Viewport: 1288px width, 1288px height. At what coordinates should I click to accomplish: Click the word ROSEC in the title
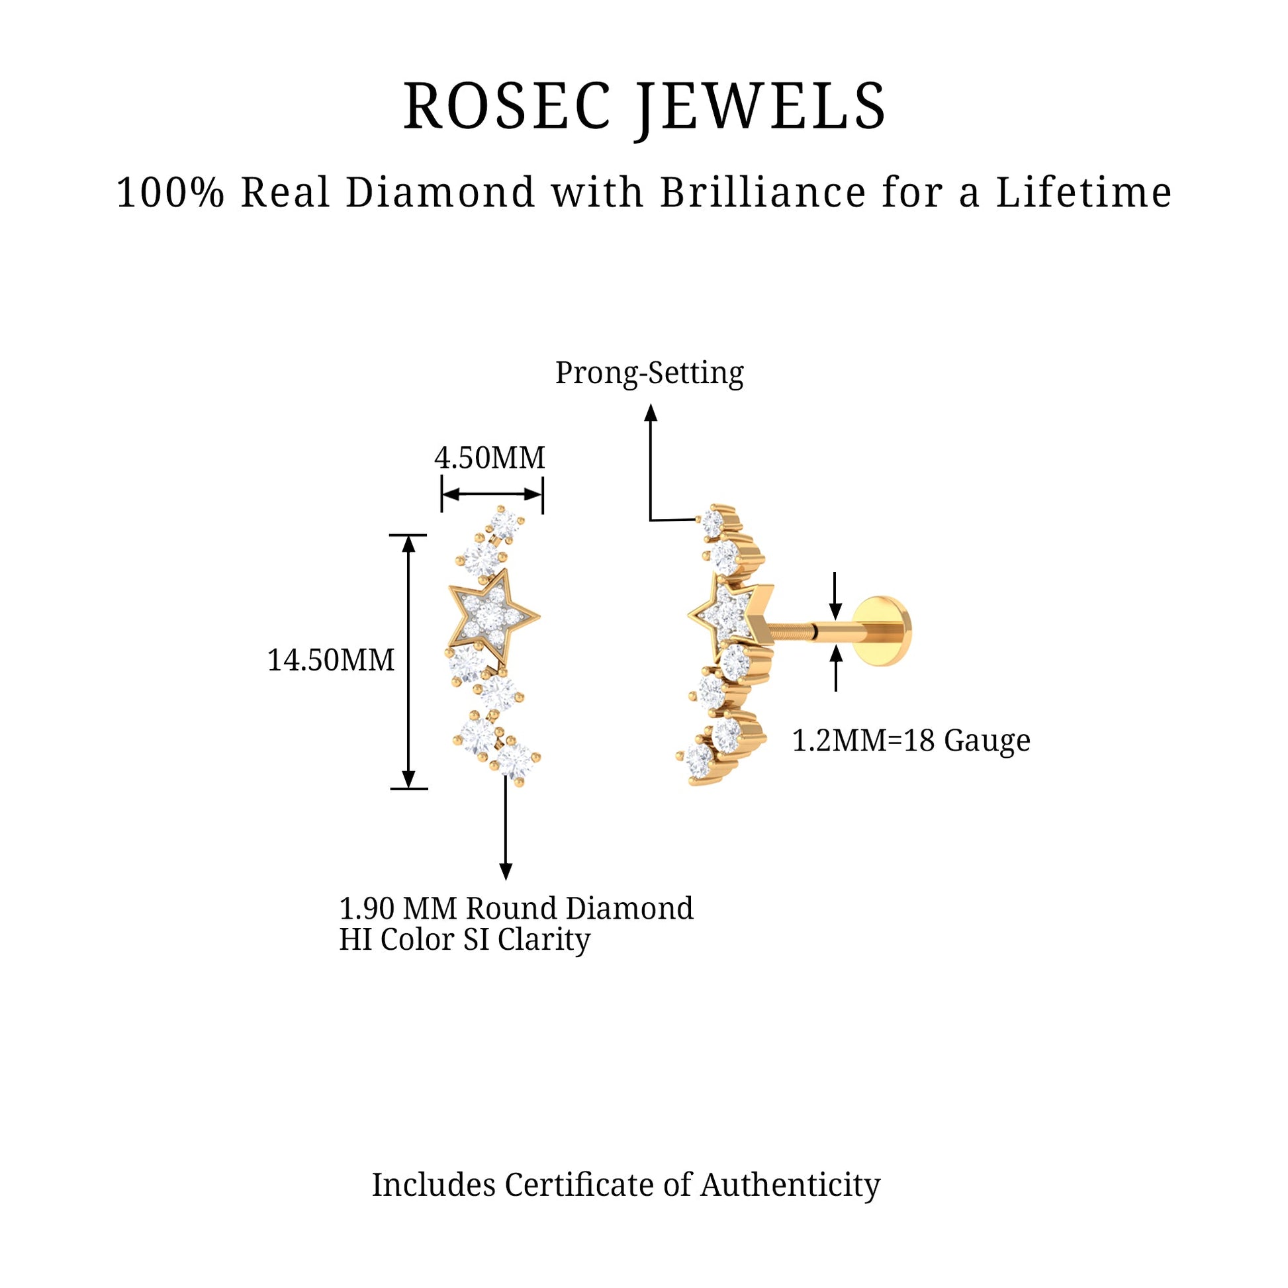click(x=508, y=106)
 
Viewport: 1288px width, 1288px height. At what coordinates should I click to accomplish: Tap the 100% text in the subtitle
click(x=170, y=193)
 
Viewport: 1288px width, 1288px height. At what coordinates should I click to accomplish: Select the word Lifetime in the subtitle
click(x=1083, y=193)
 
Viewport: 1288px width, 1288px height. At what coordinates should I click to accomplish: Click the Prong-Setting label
click(x=649, y=373)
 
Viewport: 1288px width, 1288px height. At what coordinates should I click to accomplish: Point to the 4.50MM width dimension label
click(x=490, y=457)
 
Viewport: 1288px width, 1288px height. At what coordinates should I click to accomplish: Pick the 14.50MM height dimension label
click(x=332, y=660)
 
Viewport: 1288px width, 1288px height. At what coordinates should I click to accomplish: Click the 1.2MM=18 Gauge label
click(x=911, y=740)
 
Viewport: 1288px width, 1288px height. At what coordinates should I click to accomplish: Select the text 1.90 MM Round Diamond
click(x=516, y=908)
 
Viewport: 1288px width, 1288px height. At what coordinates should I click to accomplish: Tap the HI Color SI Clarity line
click(x=465, y=939)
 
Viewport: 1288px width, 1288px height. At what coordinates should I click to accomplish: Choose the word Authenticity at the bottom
click(x=790, y=1185)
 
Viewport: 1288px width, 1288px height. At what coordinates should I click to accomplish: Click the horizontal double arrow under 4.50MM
click(x=492, y=494)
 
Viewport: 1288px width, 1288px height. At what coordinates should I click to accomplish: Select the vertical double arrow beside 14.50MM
click(x=408, y=661)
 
